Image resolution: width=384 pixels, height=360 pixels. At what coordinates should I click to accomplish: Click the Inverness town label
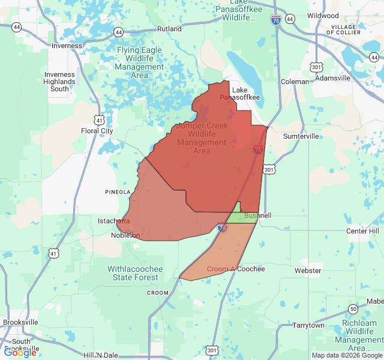67,46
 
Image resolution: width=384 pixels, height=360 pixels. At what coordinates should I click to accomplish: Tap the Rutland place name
169,28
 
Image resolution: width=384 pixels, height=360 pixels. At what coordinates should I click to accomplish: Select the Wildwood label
323,16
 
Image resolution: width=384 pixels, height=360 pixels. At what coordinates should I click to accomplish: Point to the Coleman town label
295,81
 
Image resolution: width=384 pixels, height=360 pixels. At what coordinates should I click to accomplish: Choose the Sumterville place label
301,136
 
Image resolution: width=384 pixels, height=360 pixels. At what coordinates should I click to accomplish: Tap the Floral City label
97,130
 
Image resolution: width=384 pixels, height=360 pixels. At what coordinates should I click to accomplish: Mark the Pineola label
118,192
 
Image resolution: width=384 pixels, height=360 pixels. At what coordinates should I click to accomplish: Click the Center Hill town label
362,231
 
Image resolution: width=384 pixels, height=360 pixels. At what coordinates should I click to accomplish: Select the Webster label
308,271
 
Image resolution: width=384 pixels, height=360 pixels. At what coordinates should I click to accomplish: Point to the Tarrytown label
308,325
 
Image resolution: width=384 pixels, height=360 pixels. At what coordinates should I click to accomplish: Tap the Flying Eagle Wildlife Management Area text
140,63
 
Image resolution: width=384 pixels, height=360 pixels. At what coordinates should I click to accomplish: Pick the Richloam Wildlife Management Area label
359,335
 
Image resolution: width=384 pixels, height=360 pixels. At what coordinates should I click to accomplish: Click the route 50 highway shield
353,308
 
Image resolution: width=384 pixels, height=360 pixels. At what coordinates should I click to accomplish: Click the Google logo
20,353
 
